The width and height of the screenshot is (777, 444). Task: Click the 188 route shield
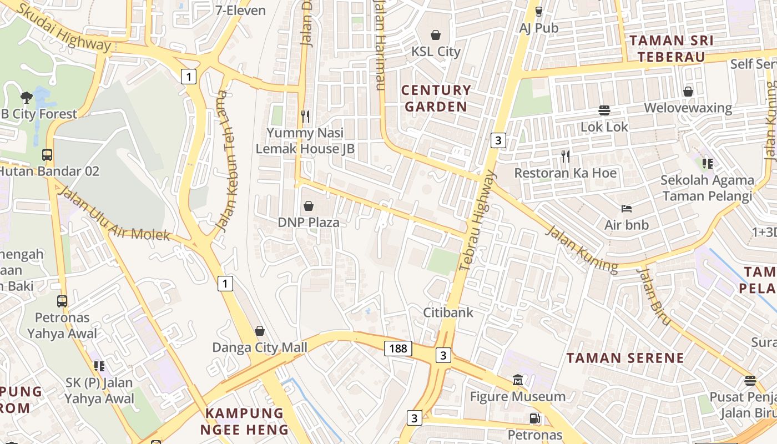point(398,349)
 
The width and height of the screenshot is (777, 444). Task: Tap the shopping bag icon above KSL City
point(436,35)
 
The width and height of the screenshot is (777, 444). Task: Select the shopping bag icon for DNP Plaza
point(309,206)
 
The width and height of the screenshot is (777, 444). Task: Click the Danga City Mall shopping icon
point(259,331)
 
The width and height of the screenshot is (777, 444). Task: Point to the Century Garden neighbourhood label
point(436,98)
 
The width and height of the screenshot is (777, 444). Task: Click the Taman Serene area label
point(625,358)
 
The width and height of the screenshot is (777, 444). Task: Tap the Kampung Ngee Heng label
point(245,421)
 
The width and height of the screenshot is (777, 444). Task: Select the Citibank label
point(448,312)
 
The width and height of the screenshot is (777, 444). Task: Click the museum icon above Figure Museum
point(518,380)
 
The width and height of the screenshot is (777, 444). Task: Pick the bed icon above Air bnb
point(627,209)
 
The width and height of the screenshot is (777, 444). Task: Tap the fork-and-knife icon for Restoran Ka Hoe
point(565,157)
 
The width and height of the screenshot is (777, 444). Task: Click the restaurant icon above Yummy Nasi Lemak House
point(305,116)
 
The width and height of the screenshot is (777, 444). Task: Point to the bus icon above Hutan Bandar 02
point(47,155)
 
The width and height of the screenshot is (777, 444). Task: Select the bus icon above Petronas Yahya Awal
point(62,301)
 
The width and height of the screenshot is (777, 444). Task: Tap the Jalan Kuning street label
point(581,249)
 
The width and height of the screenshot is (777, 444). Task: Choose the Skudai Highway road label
point(64,27)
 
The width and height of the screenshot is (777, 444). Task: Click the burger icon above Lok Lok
point(604,110)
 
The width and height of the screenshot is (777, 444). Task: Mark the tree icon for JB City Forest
point(26,98)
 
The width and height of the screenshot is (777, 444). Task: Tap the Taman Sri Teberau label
point(672,48)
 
